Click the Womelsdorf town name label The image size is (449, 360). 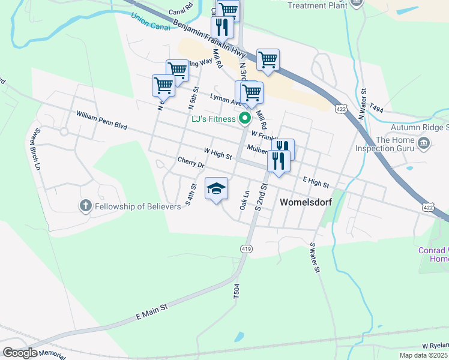pyautogui.click(x=306, y=202)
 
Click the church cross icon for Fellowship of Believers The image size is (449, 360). pyautogui.click(x=85, y=206)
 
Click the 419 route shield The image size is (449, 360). pyautogui.click(x=246, y=248)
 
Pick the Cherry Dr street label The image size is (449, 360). pyautogui.click(x=191, y=163)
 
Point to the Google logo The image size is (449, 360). pyautogui.click(x=20, y=353)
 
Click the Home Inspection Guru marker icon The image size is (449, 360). pyautogui.click(x=424, y=142)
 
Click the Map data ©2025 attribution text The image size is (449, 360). pyautogui.click(x=423, y=355)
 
